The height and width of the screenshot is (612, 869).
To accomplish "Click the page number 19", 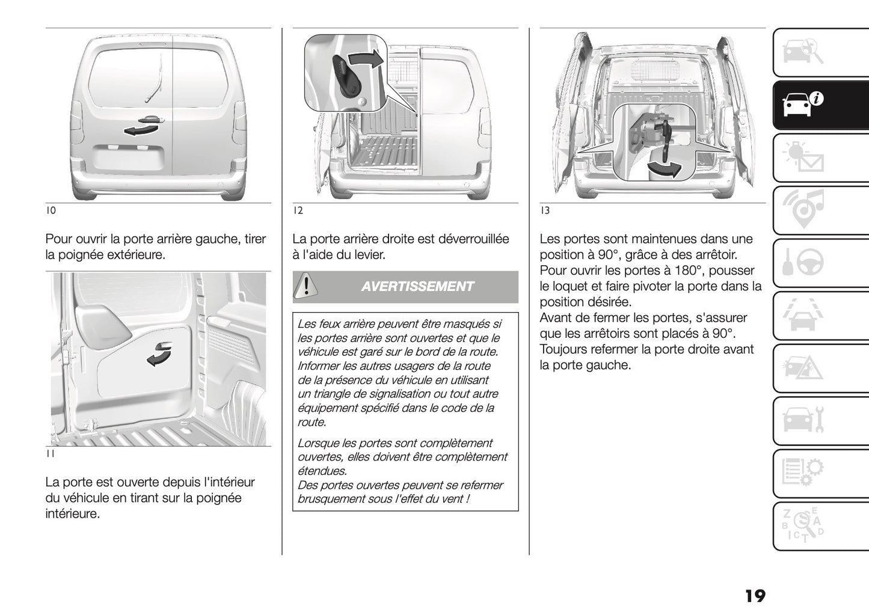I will [755, 596].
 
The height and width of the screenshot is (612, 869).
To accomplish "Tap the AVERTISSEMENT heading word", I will [417, 287].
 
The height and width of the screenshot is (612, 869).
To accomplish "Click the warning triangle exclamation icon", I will [306, 286].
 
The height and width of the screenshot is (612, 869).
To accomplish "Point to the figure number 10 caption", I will [51, 210].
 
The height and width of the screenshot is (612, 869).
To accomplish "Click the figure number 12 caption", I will [298, 210].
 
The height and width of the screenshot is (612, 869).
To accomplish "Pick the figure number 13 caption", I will [545, 210].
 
